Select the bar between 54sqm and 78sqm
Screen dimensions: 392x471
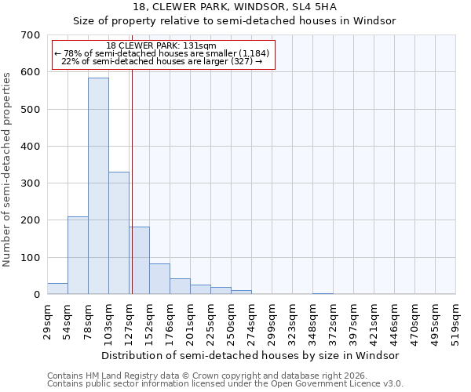(x=78, y=255)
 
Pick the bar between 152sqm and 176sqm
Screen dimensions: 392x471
(x=159, y=278)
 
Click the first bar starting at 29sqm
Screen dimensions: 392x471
(x=57, y=289)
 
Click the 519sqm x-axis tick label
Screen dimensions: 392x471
(x=455, y=322)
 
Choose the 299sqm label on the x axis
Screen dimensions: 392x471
(x=272, y=322)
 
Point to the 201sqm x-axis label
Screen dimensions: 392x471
(x=190, y=322)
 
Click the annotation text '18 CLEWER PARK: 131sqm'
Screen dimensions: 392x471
(x=161, y=45)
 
